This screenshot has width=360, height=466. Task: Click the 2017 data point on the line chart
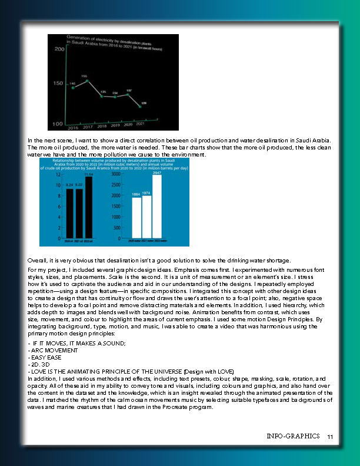88,81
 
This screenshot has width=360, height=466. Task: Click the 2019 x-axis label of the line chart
115,125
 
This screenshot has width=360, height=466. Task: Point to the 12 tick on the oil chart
58,175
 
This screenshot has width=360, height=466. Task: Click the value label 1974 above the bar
146,193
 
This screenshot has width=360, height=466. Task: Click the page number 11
330,437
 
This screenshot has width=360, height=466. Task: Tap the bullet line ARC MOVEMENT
49,349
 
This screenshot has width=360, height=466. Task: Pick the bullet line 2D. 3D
39,364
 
